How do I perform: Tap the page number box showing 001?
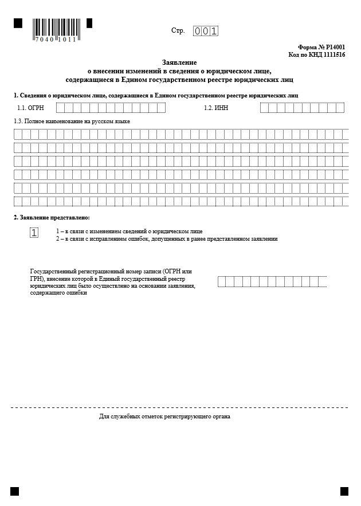tap(205, 32)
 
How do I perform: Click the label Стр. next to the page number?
tap(178, 31)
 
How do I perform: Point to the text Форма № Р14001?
tap(321, 48)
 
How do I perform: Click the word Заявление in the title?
tap(179, 62)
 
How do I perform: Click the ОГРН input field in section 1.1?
tap(111, 108)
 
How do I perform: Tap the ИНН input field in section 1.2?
tap(302, 108)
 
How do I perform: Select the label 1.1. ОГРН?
tap(31, 108)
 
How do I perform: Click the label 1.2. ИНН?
tap(216, 108)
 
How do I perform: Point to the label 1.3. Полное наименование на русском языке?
tap(72, 122)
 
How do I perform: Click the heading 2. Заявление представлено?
tap(52, 218)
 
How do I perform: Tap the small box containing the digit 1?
tap(34, 232)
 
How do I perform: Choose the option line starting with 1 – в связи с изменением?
tap(129, 232)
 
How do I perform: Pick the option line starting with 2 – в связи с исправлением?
tap(166, 239)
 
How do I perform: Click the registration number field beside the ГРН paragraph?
tap(272, 281)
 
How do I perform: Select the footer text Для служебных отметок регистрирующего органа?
tap(164, 417)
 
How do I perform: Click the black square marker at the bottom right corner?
tap(344, 491)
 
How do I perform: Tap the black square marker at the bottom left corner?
tap(15, 491)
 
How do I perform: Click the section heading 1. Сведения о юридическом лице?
tap(156, 95)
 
